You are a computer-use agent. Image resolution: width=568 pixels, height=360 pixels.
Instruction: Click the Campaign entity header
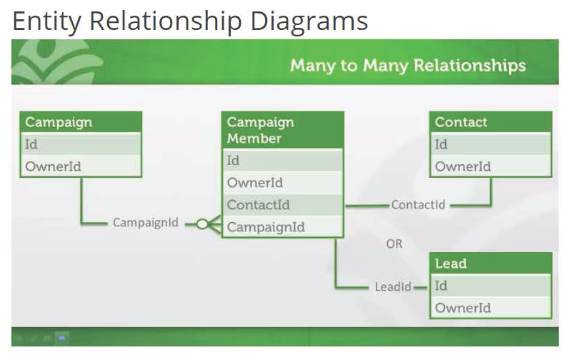click(x=80, y=122)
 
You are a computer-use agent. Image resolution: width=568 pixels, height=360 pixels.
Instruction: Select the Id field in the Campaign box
click(x=80, y=144)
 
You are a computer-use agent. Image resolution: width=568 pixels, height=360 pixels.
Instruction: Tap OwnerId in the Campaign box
click(x=80, y=166)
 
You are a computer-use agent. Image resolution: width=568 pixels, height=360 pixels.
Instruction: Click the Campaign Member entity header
click(x=282, y=130)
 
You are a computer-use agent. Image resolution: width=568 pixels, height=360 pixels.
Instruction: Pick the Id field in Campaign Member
click(x=282, y=161)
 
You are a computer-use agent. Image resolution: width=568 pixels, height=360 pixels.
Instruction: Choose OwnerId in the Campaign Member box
click(x=282, y=183)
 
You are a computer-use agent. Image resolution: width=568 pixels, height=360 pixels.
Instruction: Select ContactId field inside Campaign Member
click(x=282, y=205)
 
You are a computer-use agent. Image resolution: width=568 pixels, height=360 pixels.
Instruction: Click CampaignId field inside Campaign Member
click(x=282, y=227)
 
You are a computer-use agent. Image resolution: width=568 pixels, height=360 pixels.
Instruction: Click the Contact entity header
click(x=491, y=122)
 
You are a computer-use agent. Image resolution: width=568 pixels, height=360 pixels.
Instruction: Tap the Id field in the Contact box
click(x=491, y=144)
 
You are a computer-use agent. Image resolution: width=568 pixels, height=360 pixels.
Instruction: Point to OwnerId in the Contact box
click(x=491, y=166)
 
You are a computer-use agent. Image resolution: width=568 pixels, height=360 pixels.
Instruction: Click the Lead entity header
click(x=491, y=264)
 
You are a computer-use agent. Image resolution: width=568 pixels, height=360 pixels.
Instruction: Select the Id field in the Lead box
click(x=491, y=286)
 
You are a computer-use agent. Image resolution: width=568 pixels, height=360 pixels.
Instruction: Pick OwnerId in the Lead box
click(x=491, y=308)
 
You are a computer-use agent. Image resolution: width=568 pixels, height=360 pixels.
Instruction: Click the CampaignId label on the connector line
click(x=146, y=224)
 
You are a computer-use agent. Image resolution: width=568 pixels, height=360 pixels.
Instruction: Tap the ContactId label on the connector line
click(x=418, y=205)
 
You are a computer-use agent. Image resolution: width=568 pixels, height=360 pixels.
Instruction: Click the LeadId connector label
click(x=393, y=287)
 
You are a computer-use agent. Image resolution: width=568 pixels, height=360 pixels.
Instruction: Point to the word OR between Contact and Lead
click(x=394, y=244)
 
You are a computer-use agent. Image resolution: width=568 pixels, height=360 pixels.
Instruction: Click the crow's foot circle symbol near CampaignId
click(x=202, y=224)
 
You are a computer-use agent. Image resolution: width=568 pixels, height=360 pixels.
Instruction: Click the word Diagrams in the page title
click(x=309, y=21)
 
